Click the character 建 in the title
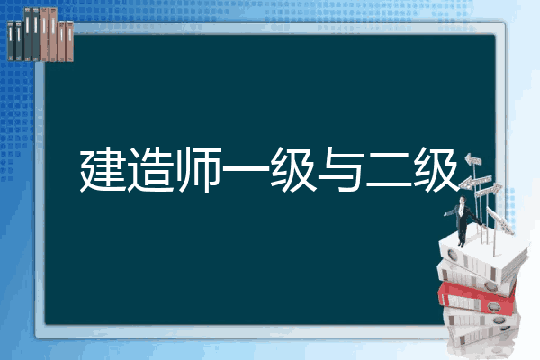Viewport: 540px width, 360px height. click(x=103, y=169)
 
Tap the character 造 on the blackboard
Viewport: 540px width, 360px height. click(x=150, y=169)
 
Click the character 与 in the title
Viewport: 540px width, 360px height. click(x=341, y=169)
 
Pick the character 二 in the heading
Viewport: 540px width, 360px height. click(x=389, y=170)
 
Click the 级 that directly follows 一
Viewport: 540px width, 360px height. click(x=293, y=169)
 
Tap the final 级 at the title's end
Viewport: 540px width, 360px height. click(x=436, y=169)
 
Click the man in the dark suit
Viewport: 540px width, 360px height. click(x=463, y=221)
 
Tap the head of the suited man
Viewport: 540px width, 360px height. click(x=463, y=200)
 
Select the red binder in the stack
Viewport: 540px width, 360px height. click(x=476, y=297)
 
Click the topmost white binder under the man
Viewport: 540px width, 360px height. click(x=482, y=256)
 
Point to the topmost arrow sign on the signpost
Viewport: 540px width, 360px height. click(x=473, y=160)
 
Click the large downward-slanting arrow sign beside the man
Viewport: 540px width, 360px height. click(x=499, y=220)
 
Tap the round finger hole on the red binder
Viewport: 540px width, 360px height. click(x=493, y=306)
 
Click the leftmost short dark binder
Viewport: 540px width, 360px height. click(x=11, y=40)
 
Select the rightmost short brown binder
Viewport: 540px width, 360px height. click(x=70, y=41)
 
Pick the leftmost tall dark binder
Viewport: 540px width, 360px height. click(x=28, y=34)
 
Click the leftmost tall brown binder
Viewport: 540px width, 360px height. click(x=44, y=34)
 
